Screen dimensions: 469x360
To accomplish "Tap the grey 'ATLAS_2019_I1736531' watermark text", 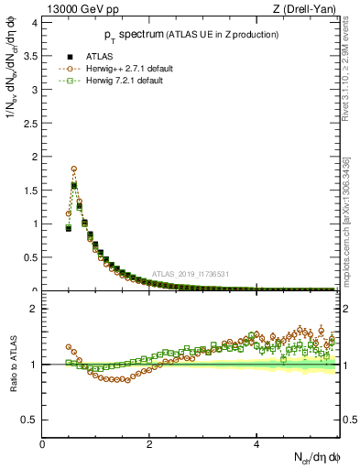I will point(191,274).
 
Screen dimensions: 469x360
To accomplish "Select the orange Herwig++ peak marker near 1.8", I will point(73,169).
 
